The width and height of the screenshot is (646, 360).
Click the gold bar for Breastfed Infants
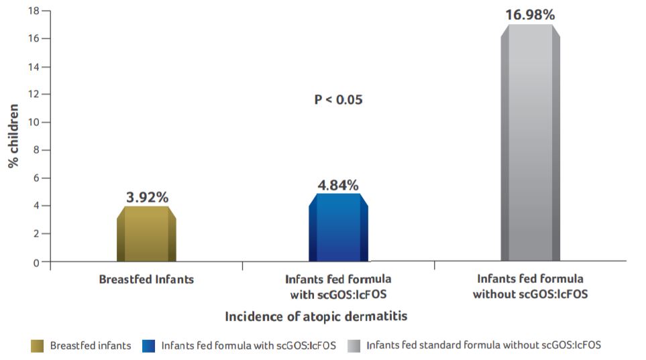click(146, 234)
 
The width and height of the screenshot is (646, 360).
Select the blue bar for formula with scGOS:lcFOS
click(338, 228)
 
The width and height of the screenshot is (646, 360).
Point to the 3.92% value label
click(147, 197)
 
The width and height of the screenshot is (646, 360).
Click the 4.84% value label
click(338, 185)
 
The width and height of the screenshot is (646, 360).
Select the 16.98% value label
click(530, 15)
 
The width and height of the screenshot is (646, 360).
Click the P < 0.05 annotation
click(338, 99)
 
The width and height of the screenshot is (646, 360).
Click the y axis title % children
click(13, 137)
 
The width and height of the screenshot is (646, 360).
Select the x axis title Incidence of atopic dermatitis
click(316, 316)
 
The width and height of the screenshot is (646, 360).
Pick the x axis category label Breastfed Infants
click(146, 279)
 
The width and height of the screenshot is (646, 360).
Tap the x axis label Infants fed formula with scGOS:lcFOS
click(338, 285)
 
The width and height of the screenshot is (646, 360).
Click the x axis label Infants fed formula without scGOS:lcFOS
click(530, 286)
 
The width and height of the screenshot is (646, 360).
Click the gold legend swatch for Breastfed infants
click(38, 346)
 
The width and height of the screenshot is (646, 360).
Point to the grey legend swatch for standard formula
click(354, 346)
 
